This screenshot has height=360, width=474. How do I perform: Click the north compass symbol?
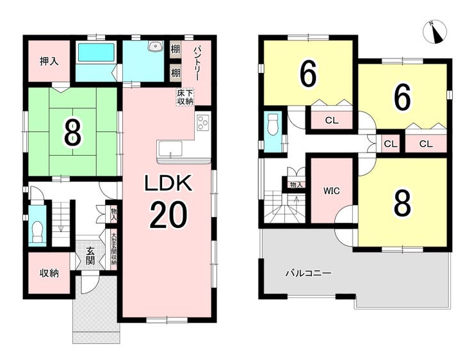(x=436, y=31)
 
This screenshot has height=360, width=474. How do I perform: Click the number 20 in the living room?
(x=168, y=215)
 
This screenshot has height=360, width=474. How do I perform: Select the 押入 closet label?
(x=49, y=61)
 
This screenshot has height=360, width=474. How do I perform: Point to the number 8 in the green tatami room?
(x=73, y=133)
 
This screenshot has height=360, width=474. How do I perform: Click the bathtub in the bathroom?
(x=96, y=53)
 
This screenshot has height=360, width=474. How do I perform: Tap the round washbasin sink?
(x=156, y=46)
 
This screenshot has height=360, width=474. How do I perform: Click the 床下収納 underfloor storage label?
(x=185, y=97)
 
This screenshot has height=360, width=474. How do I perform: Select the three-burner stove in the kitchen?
(x=203, y=123)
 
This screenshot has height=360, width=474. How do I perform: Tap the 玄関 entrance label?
(x=90, y=256)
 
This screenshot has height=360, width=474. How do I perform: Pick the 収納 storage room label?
(x=49, y=274)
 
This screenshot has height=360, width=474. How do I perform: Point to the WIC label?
(x=332, y=191)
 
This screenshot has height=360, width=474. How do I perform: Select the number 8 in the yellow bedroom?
(x=402, y=204)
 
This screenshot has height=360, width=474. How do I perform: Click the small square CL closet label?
(x=391, y=144)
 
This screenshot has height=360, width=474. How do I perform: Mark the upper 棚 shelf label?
(x=176, y=49)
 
